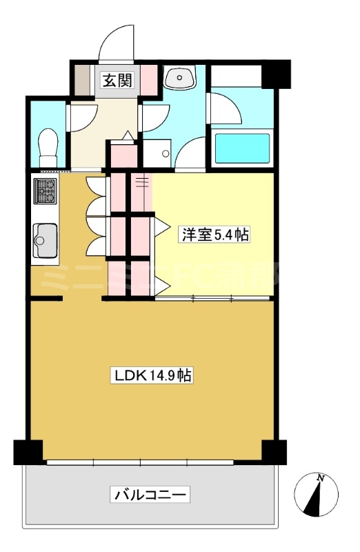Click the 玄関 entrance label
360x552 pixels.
tap(117, 79)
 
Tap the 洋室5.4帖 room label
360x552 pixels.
tap(214, 235)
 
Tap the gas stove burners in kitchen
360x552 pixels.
tap(46, 191)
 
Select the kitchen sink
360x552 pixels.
tap(46, 240)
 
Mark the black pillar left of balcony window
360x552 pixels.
tap(27, 451)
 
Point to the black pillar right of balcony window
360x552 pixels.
tap(274, 451)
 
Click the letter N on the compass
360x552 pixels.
tap(320, 478)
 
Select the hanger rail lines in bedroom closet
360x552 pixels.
tap(141, 182)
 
